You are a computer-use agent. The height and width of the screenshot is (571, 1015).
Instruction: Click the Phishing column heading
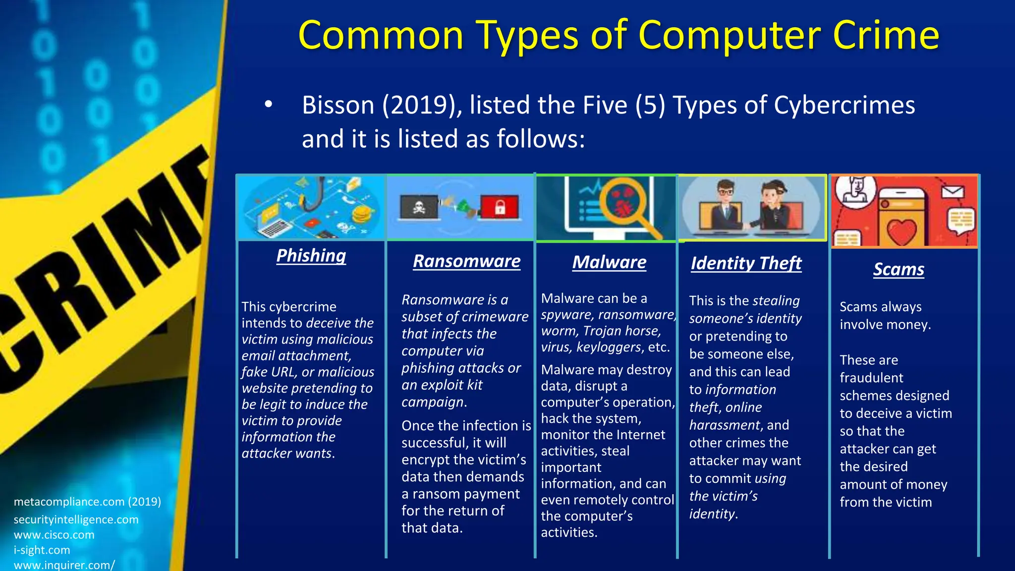coord(311,256)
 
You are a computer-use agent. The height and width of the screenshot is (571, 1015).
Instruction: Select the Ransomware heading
coord(466,261)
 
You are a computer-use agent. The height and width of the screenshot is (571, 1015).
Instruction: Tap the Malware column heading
coord(609,262)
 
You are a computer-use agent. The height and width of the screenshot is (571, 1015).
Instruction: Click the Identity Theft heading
coord(746,263)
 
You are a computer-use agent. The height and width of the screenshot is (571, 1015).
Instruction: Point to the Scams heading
coord(899,269)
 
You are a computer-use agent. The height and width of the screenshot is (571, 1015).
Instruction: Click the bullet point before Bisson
coord(268,105)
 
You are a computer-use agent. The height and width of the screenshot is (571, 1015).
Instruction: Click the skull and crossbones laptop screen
coord(419,207)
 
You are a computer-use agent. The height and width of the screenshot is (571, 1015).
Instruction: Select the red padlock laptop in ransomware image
coord(500,207)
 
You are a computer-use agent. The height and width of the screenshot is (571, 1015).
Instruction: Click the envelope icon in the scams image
coord(952,192)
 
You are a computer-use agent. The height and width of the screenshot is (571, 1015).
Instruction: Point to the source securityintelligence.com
coord(76,519)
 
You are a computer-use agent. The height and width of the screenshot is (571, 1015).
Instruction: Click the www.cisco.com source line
coord(54,535)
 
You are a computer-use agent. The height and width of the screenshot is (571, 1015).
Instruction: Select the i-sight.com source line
coord(42,550)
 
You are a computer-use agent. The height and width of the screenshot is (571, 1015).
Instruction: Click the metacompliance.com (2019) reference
coord(87,502)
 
